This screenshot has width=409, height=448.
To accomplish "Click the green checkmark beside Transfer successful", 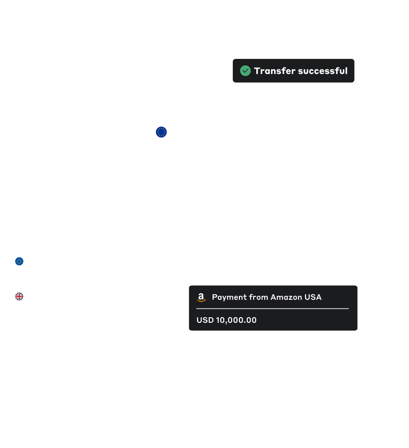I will (245, 71).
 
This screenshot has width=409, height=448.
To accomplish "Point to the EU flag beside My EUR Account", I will (161, 132).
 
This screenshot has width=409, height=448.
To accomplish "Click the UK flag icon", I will (19, 297).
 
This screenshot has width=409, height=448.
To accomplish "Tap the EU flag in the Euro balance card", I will (19, 261).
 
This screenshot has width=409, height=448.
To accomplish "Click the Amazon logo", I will (201, 298).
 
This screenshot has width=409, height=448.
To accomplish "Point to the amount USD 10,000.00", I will (226, 320).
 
